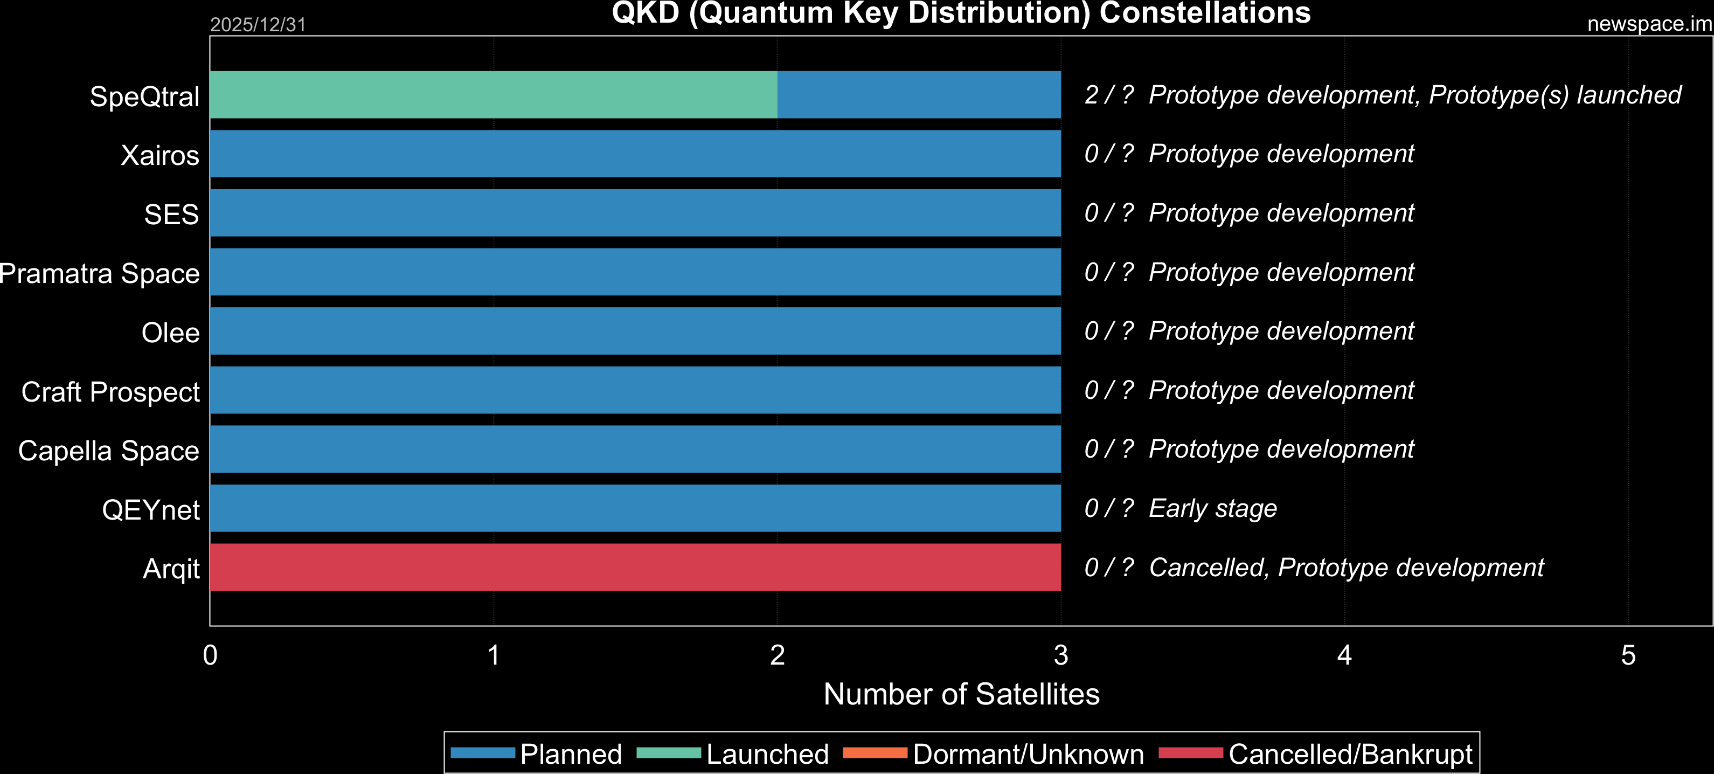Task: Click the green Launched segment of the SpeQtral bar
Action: coord(494,94)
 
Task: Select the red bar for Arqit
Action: coord(635,567)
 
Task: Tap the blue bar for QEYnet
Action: coord(635,508)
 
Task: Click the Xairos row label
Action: coord(159,155)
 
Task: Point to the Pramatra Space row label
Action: coord(100,273)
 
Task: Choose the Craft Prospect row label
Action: coord(110,392)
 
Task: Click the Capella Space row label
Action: coord(108,451)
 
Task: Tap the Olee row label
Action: coord(170,333)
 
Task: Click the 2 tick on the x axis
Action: coord(777,655)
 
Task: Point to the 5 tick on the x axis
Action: coord(1628,655)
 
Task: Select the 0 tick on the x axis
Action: coord(210,655)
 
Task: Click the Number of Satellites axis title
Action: coord(961,694)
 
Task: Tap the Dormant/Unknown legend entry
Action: coord(994,754)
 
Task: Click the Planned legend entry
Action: coord(536,754)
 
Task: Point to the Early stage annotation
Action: coord(1213,508)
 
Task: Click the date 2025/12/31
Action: coord(258,25)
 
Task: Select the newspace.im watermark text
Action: coord(1649,24)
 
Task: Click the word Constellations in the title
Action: coord(1205,12)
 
